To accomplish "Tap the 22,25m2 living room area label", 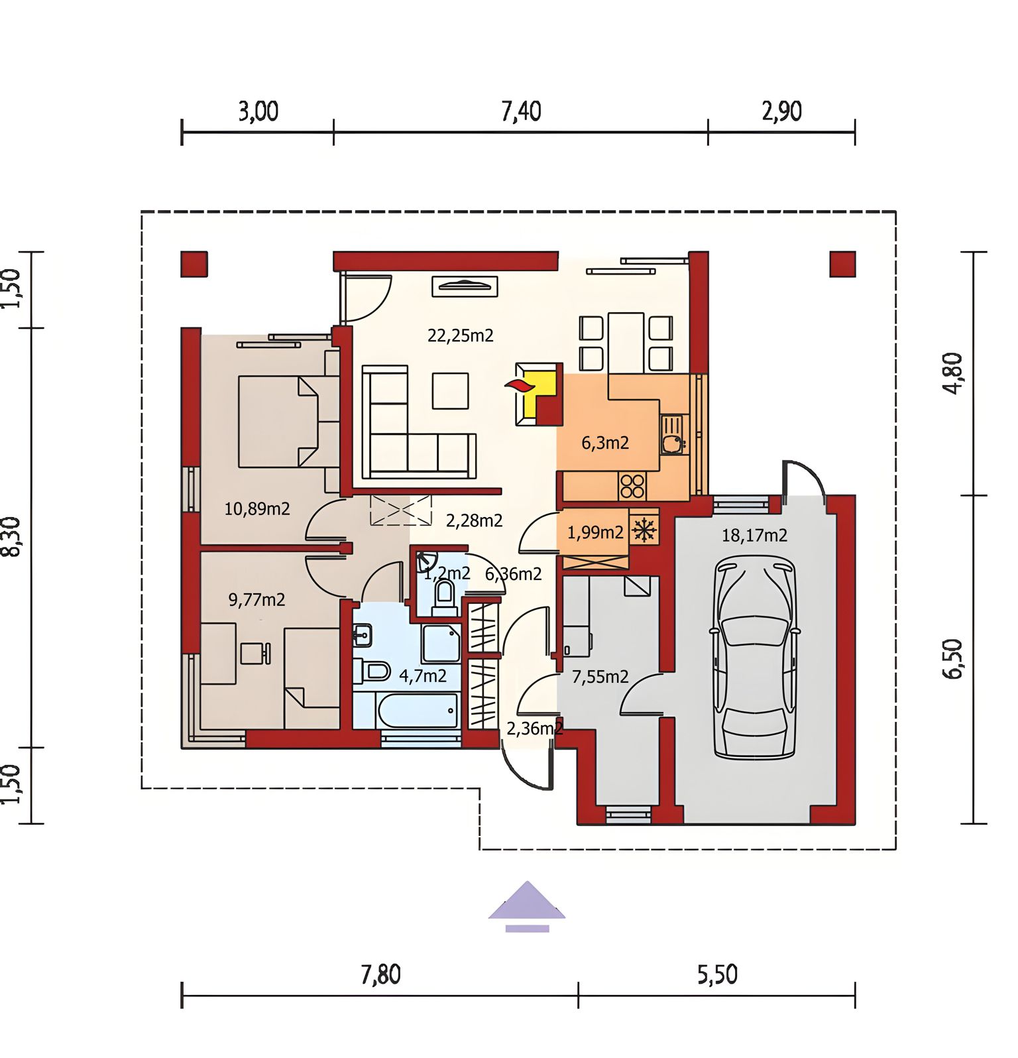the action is (x=460, y=335).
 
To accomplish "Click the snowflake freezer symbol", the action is (x=644, y=530).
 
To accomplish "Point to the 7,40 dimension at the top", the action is (x=521, y=112).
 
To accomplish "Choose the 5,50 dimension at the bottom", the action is (x=717, y=974).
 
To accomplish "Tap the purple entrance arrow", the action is (x=527, y=906).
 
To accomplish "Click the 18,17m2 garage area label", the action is (x=754, y=535).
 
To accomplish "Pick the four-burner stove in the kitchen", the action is (x=632, y=486).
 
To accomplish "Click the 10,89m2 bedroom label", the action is (x=257, y=509).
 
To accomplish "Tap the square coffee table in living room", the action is (x=451, y=390).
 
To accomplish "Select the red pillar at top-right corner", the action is (x=842, y=264).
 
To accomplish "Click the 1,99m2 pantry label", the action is (x=595, y=532).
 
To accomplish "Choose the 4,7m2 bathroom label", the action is (x=423, y=676).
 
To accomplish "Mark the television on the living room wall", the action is (x=465, y=286).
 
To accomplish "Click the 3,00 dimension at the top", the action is (x=258, y=112).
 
